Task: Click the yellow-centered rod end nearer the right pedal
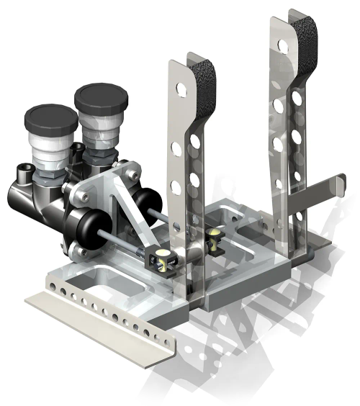[x=215, y=238]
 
